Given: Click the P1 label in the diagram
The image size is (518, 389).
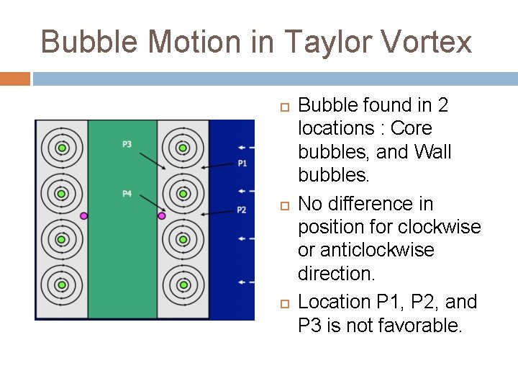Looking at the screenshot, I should pyautogui.click(x=242, y=164).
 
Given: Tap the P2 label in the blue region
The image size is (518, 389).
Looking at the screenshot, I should pyautogui.click(x=242, y=210).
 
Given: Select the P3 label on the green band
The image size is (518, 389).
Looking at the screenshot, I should pyautogui.click(x=127, y=145).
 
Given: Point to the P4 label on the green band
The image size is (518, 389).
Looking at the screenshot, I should pyautogui.click(x=127, y=194).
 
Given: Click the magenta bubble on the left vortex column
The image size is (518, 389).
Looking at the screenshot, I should pyautogui.click(x=84, y=215).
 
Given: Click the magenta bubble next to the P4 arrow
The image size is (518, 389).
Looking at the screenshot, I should pyautogui.click(x=162, y=215).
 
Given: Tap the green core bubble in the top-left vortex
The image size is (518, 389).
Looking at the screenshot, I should pyautogui.click(x=62, y=148).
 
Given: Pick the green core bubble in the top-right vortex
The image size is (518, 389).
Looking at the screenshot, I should pyautogui.click(x=183, y=148).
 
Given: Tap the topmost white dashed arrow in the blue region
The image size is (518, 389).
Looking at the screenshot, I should pyautogui.click(x=245, y=144).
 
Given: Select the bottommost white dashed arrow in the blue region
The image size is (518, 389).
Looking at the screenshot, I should pyautogui.click(x=245, y=282).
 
